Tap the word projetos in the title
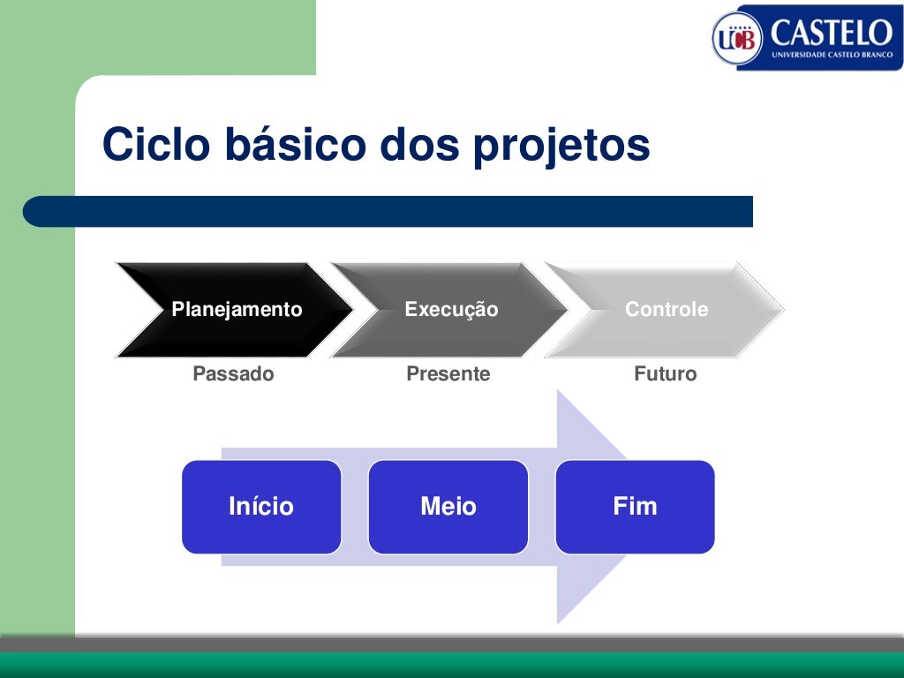click(561, 147)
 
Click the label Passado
click(233, 374)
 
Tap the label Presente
click(448, 374)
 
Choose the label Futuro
click(665, 374)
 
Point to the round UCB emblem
click(737, 39)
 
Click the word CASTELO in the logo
click(831, 34)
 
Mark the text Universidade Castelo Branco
click(831, 55)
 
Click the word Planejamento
click(237, 310)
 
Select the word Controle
click(667, 310)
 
